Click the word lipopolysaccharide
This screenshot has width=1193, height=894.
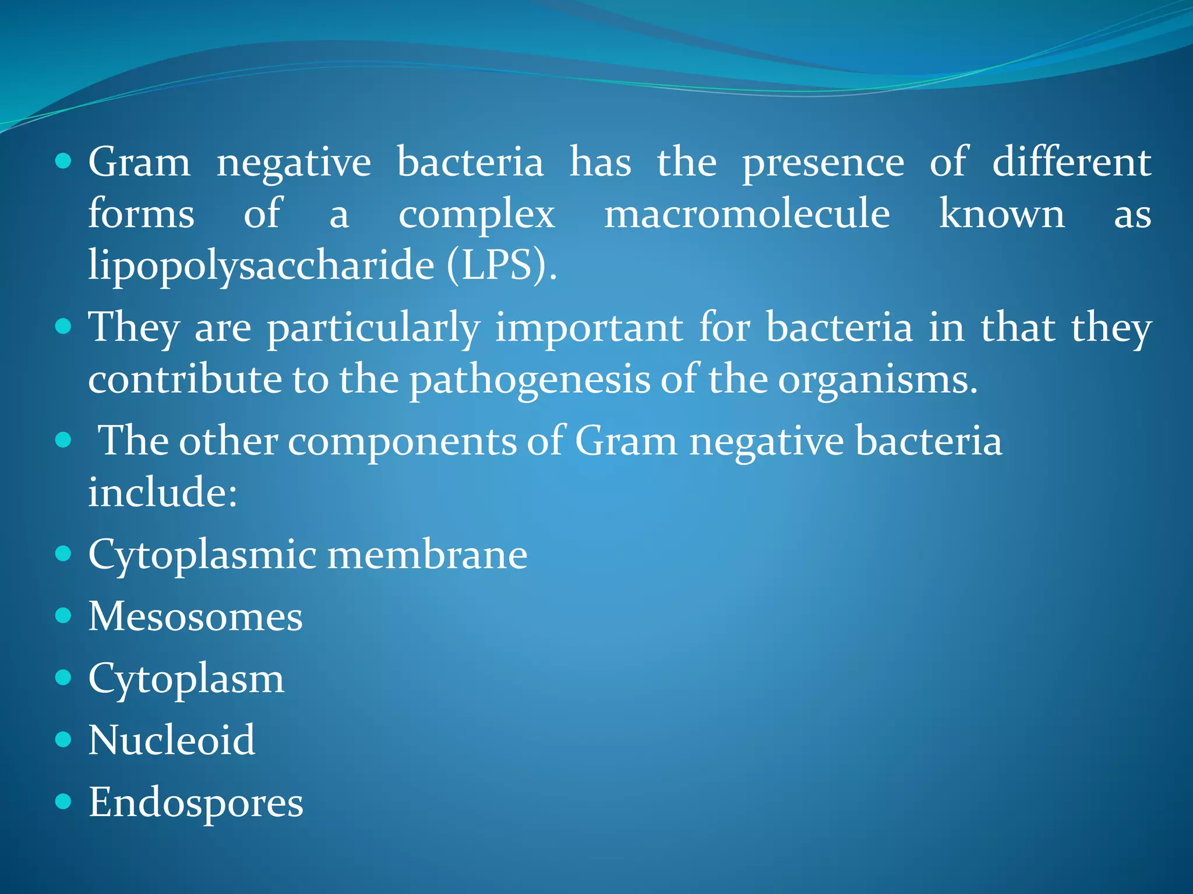261,265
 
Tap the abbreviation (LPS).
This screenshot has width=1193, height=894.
502,265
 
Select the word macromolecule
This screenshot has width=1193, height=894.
747,214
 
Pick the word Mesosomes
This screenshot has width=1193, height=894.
195,616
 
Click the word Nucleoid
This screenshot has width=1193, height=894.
171,740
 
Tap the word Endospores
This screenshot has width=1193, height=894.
196,803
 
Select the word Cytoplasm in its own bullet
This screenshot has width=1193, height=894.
186,679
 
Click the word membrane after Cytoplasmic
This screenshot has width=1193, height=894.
427,555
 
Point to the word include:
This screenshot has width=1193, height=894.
163,492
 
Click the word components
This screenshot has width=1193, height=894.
402,441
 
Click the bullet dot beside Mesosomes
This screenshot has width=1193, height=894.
63,616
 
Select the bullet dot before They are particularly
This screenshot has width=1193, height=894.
63,327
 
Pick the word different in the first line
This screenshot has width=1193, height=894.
1071,162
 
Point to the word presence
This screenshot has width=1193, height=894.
823,164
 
